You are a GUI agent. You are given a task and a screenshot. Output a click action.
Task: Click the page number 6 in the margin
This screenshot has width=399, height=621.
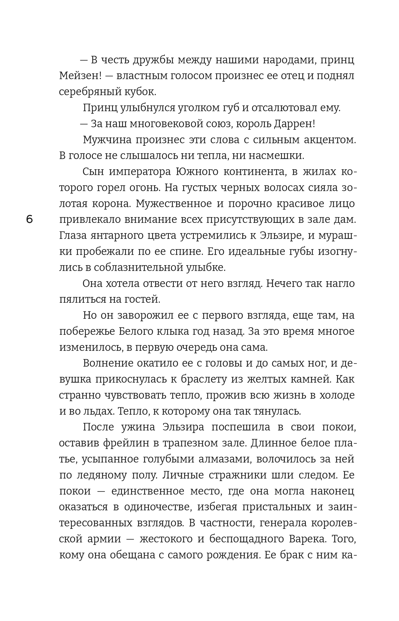point(30,220)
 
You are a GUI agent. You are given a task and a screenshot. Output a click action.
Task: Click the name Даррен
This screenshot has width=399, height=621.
point(294,124)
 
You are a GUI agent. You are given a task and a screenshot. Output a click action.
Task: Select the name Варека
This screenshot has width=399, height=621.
point(308,539)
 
